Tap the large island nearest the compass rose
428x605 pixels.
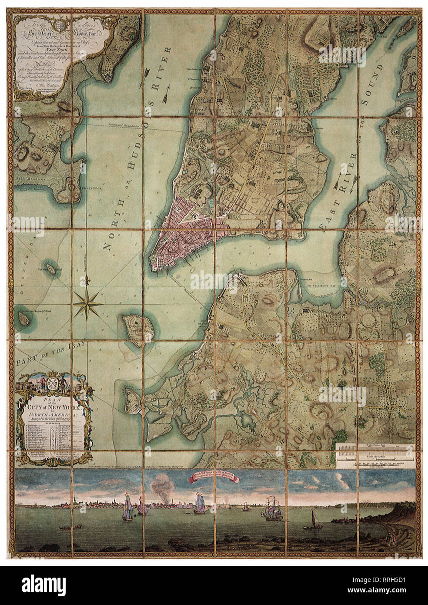click(x=136, y=328)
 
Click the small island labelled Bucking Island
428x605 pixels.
click(x=52, y=269)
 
